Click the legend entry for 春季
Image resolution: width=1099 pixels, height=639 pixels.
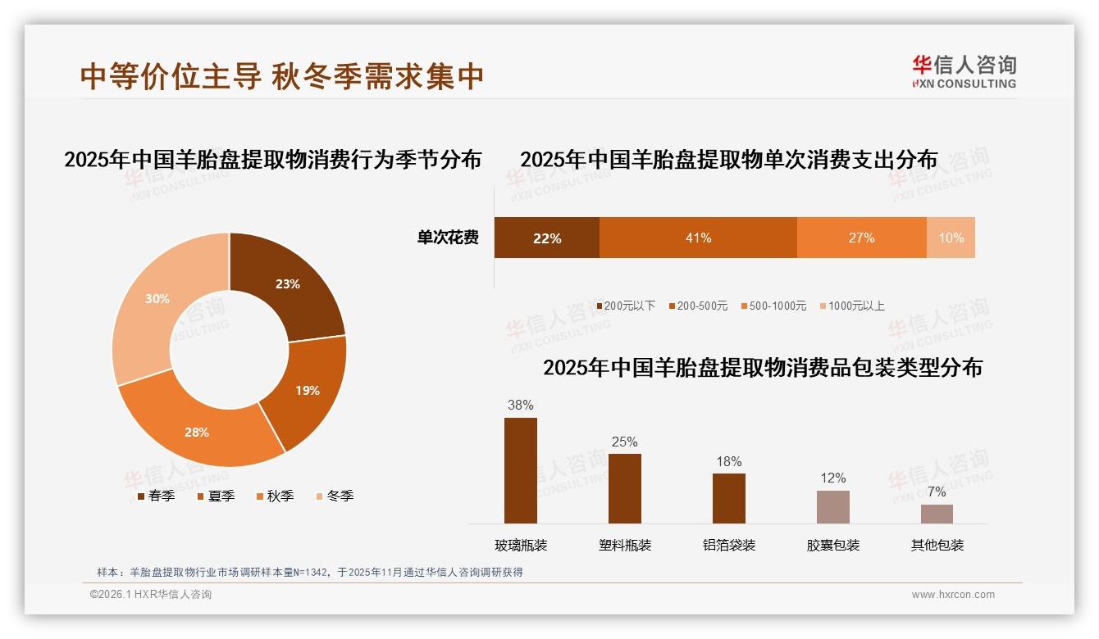(156, 496)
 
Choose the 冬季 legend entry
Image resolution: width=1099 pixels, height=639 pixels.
(335, 496)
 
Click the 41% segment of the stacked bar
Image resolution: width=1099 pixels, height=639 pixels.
(698, 238)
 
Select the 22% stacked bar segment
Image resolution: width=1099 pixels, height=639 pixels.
(546, 238)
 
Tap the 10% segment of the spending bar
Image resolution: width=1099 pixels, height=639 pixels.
(951, 238)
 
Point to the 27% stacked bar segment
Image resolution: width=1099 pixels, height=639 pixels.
(861, 238)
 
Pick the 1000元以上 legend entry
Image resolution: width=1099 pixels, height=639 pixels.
(852, 306)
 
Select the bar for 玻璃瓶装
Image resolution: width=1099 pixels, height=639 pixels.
(521, 470)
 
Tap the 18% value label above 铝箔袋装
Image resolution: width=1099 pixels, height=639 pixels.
(728, 461)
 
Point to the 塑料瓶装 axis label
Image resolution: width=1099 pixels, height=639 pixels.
(625, 545)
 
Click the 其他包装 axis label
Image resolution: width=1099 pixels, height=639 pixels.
(937, 545)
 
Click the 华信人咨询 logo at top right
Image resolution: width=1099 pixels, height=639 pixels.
(964, 71)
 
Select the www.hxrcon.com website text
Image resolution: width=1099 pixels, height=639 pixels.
(953, 595)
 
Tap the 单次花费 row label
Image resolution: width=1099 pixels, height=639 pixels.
(448, 238)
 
